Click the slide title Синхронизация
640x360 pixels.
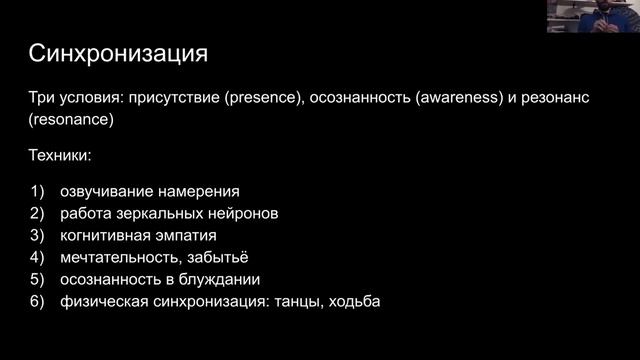117,52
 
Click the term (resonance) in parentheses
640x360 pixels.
72,118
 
